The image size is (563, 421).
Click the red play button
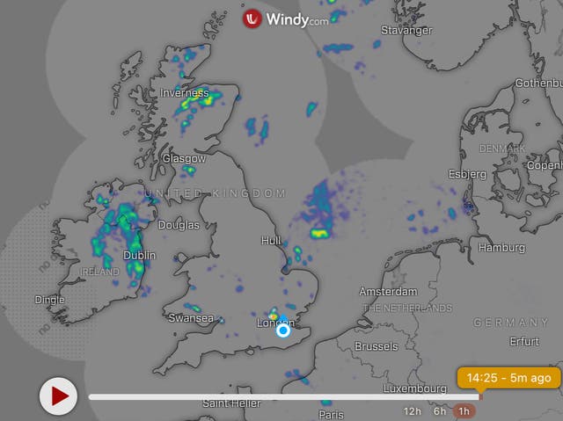coord(59,396)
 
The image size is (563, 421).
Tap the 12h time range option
coord(413,411)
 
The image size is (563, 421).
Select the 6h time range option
coord(439,411)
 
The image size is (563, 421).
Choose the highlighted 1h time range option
coord(464,411)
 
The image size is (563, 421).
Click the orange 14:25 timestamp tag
coord(509,378)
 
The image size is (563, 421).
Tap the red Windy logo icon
coord(252,18)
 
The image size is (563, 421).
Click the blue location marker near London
coord(283,330)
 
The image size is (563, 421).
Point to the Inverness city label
coord(185,92)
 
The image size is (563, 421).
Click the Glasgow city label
coord(184,159)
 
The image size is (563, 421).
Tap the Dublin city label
coord(139,256)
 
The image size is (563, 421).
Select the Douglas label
coord(178,225)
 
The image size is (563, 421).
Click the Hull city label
coord(271,240)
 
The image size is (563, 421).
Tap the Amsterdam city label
coord(388,291)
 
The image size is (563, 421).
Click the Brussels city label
coord(377,346)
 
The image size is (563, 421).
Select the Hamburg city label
coord(501,248)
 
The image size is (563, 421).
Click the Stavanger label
coord(406,31)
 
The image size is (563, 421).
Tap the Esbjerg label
coord(467,174)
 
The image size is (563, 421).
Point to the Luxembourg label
coord(415,388)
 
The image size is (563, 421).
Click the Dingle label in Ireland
coord(49,300)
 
